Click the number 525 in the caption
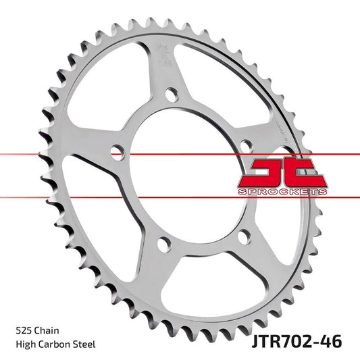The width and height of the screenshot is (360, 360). (23, 331)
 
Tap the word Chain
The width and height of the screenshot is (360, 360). (47, 331)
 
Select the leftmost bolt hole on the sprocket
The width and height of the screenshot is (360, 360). (116, 150)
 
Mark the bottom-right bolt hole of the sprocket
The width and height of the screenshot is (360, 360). (245, 235)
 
